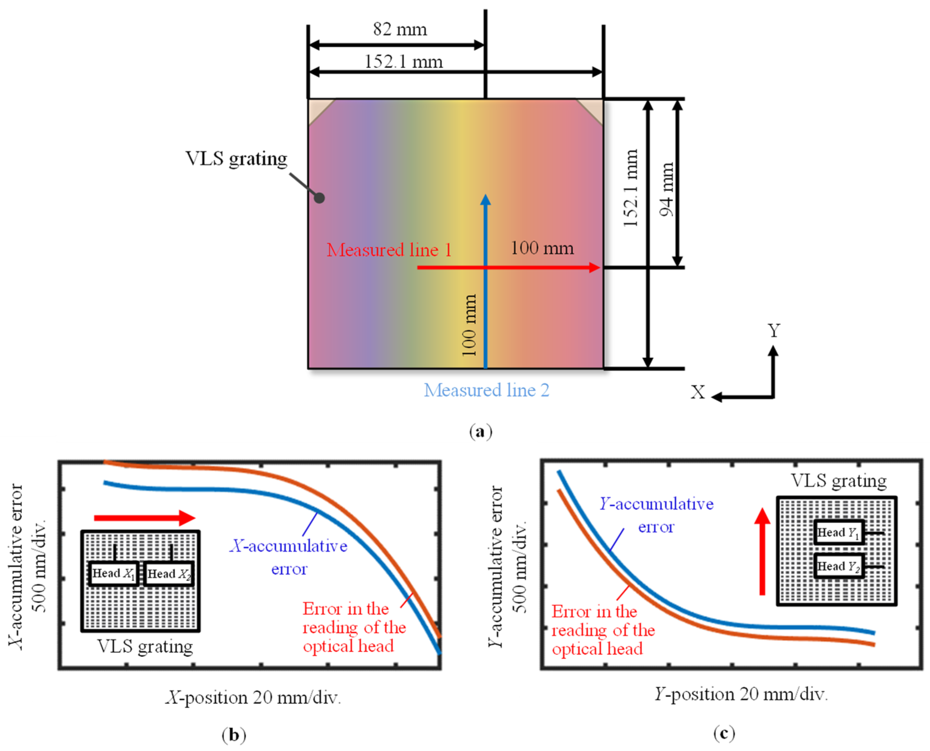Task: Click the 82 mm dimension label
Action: (x=400, y=29)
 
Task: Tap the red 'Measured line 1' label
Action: (x=388, y=250)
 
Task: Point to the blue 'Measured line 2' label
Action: (x=486, y=390)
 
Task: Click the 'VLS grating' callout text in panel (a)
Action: (x=236, y=159)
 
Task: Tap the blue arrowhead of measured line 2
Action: (x=485, y=200)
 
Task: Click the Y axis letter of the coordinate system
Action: (x=774, y=331)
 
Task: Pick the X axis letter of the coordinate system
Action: (x=697, y=392)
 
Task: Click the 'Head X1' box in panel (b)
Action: (x=113, y=574)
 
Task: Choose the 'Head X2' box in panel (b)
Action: (x=169, y=574)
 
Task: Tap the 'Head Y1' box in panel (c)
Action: (x=838, y=532)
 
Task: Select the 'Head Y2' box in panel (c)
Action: (x=838, y=566)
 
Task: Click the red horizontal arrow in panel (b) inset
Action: (x=144, y=518)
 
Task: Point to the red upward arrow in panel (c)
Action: (x=762, y=552)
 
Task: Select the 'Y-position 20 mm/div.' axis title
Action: (x=741, y=694)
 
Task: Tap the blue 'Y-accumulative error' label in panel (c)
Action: (x=656, y=515)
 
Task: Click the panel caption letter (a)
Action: (x=480, y=432)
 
